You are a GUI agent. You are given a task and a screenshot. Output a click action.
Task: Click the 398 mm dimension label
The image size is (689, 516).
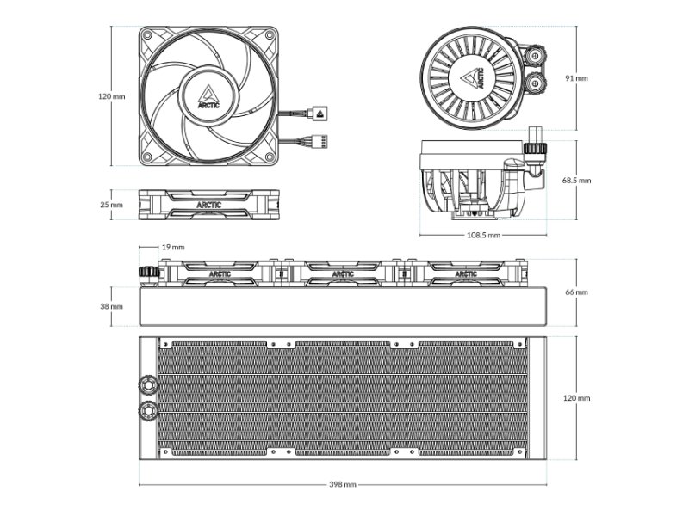point(342,484)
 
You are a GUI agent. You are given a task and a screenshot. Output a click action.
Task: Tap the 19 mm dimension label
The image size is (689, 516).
point(173,247)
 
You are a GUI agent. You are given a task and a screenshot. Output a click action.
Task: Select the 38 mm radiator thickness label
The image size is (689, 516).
point(112,306)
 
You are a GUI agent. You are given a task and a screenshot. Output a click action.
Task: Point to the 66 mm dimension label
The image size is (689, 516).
point(576,292)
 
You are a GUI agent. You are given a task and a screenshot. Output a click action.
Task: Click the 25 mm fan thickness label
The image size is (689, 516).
point(112,205)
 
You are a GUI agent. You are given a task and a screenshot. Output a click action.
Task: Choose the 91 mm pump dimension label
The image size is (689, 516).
point(576,78)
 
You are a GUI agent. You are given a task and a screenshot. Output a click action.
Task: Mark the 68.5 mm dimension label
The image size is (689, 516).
point(576,180)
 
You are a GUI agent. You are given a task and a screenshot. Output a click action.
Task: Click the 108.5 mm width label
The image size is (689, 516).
point(483,235)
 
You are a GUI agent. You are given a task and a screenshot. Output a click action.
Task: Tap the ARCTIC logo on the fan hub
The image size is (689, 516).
point(207,97)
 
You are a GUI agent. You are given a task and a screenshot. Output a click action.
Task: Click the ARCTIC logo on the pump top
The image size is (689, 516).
point(472,78)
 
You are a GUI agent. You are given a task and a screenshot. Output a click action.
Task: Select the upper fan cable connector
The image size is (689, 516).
point(320,114)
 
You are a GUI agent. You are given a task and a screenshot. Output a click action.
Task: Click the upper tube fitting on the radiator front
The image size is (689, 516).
point(147,384)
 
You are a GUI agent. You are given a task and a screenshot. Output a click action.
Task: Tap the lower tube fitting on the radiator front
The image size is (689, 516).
point(147,411)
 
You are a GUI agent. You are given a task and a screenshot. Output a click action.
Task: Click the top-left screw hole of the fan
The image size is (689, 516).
point(147,35)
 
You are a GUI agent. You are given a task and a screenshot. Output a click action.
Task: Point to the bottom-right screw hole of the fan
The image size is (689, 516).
point(270,157)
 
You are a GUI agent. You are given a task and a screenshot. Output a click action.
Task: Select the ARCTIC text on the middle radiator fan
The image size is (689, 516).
point(343,274)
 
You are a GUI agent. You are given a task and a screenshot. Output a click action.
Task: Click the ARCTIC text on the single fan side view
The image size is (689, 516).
point(209,205)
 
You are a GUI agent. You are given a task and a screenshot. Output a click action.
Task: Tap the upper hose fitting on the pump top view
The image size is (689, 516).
point(536,56)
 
